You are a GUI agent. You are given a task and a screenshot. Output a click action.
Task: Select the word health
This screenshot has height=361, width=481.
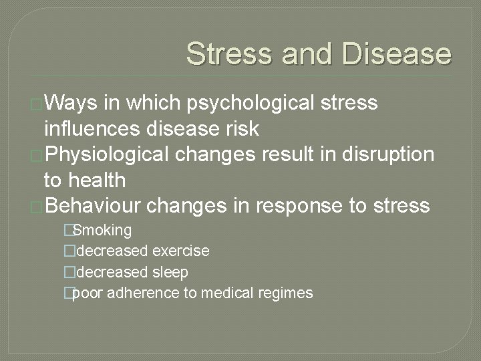[x=93, y=180]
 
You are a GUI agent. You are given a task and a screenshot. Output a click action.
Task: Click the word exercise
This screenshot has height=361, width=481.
[x=180, y=251]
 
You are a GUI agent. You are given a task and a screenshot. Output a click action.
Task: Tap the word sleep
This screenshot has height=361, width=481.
[x=170, y=272]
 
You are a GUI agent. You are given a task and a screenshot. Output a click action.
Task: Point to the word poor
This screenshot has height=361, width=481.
[x=86, y=293]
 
